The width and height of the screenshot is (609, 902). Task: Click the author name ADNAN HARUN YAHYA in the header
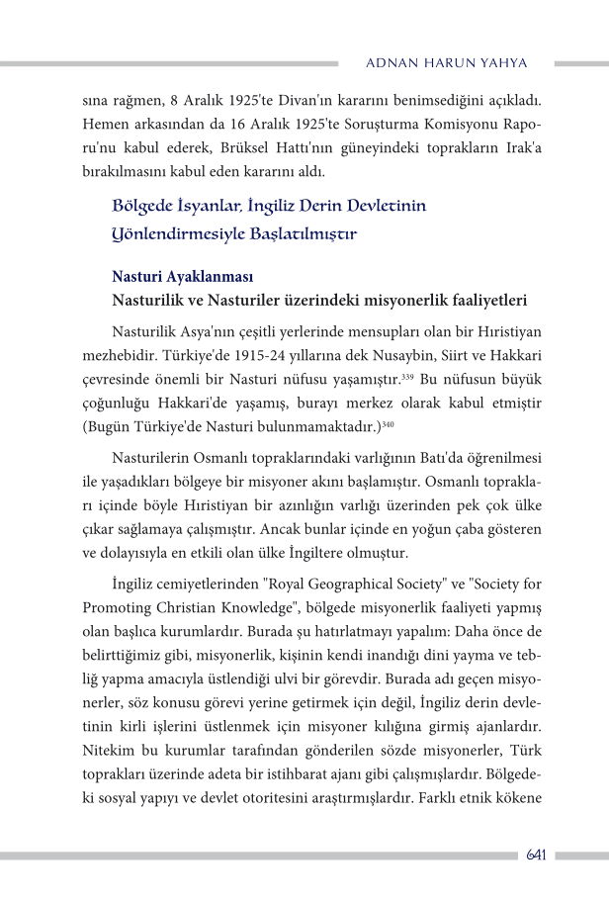pos(446,63)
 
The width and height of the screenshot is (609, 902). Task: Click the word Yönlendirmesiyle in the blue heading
pos(176,235)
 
